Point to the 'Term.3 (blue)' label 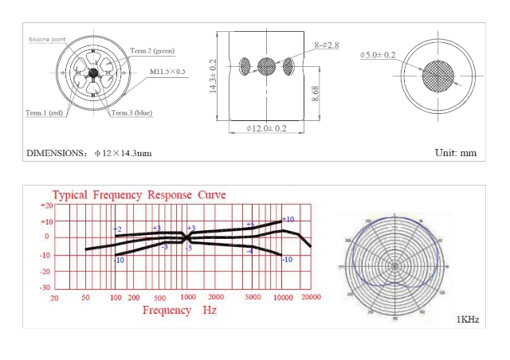(131, 112)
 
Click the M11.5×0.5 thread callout (168, 72)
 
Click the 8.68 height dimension (316, 93)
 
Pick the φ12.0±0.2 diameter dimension (266, 128)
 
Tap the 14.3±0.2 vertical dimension (213, 76)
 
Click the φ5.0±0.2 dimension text (378, 55)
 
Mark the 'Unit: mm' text (456, 152)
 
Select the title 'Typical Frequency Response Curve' (139, 195)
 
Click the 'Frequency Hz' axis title (179, 309)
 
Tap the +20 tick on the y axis (45, 205)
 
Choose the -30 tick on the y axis (45, 287)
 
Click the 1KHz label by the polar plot (467, 319)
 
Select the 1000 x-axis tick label (186, 296)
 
